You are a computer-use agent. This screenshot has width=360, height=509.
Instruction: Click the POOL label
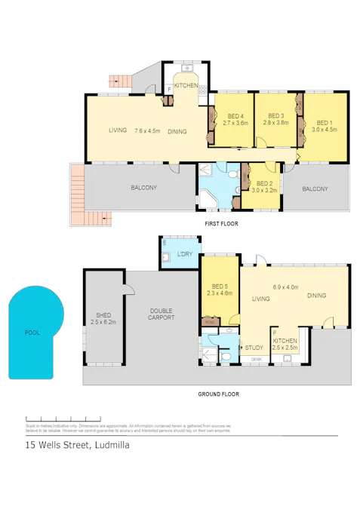click(32, 332)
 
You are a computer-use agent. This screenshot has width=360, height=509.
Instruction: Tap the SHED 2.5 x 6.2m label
click(103, 318)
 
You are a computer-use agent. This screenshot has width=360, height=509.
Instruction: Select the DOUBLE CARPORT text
click(162, 314)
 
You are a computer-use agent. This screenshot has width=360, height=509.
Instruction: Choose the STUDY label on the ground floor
click(254, 348)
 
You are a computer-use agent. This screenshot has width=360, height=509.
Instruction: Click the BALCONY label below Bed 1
click(315, 189)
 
